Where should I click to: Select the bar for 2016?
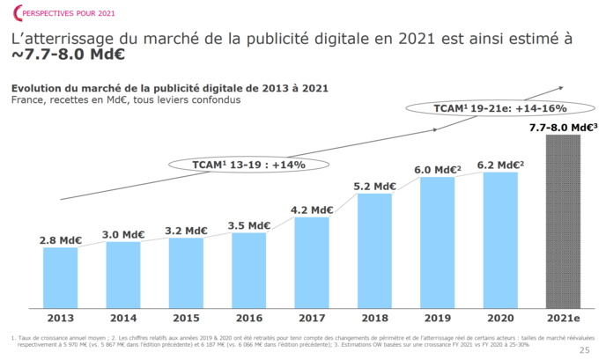[248, 269]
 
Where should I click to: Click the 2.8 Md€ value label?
[60, 239]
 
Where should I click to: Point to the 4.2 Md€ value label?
[312, 209]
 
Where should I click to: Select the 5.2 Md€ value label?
[374, 186]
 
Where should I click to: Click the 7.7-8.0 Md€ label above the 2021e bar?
[564, 128]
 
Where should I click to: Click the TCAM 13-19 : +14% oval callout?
[248, 164]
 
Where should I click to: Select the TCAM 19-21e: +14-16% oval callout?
[487, 108]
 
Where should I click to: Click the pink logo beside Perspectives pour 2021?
[9, 11]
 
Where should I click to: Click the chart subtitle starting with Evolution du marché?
[169, 87]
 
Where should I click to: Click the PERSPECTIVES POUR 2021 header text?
[59, 11]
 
